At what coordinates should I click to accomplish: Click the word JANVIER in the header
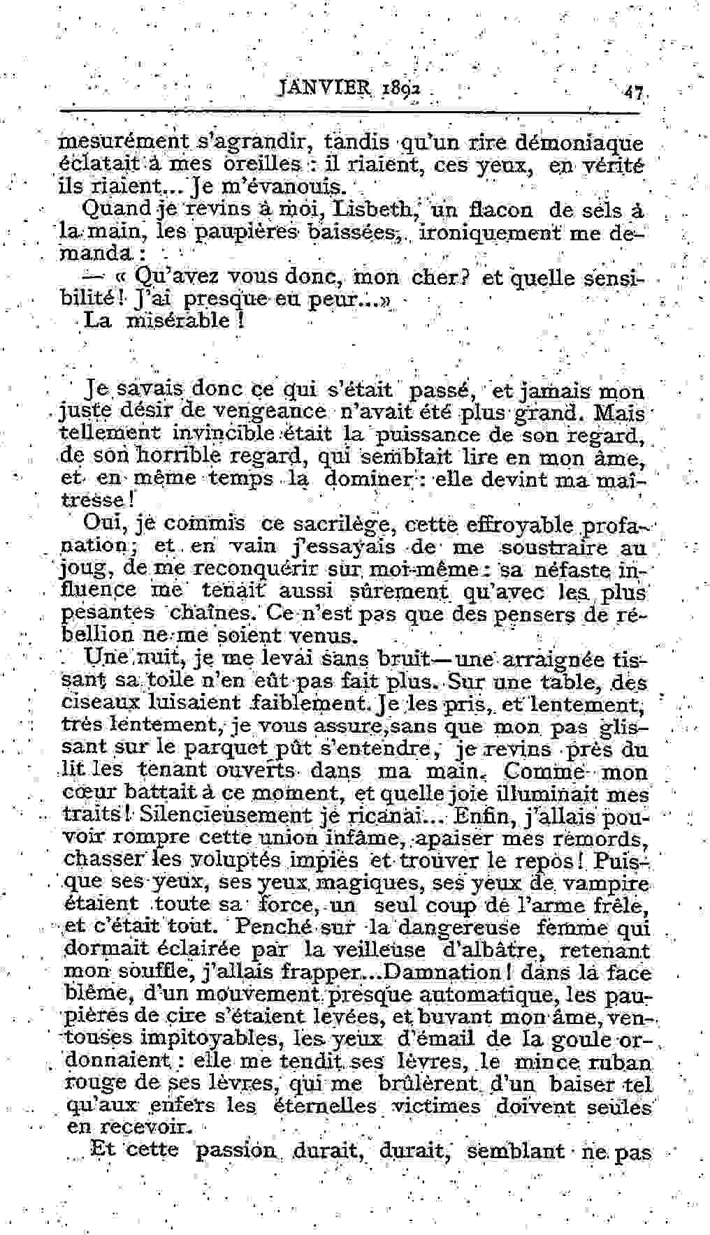coord(315,89)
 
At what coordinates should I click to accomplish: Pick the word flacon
coord(500,210)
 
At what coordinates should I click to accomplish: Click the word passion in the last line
coord(236,1150)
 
